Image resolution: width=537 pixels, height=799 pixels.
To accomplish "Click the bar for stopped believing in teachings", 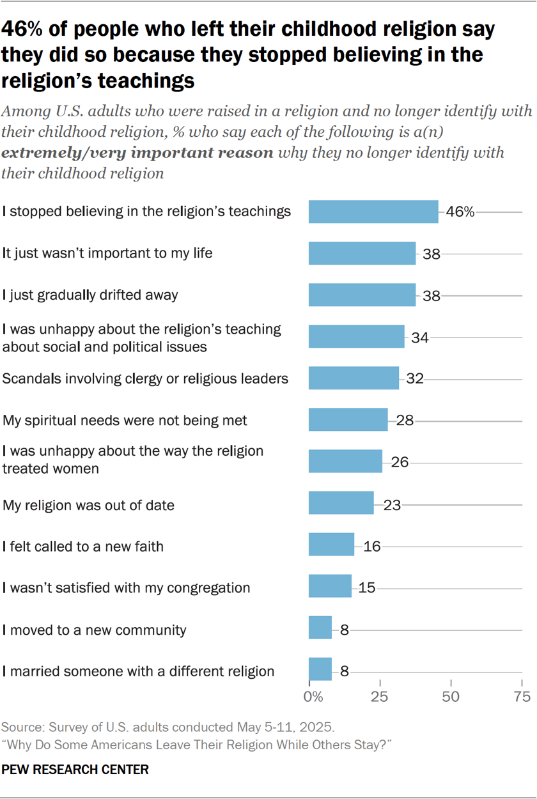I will point(373,212).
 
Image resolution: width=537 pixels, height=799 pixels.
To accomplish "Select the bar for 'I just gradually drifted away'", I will point(362,295).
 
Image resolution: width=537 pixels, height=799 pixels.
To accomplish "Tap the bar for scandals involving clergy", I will point(354,378).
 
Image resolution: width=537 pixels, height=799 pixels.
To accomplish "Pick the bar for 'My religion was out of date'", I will point(341,503).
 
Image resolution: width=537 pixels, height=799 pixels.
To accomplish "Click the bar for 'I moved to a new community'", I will point(320,628).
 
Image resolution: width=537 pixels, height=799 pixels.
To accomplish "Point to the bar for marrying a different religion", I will point(320,669).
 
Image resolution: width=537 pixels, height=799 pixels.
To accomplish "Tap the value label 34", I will point(419,337).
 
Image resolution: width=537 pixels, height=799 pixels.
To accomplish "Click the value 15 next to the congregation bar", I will point(366,587).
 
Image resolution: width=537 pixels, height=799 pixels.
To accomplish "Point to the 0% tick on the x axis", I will point(313,696).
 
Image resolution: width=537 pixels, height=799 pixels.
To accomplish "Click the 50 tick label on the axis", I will point(451,696).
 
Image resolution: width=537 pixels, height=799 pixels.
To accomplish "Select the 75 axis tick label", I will point(522,696).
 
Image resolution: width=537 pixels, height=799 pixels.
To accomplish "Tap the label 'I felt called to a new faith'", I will point(83,546).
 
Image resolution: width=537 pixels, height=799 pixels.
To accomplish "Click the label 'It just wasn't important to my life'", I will point(107,253).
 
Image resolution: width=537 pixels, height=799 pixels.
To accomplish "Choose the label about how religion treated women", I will point(133,459).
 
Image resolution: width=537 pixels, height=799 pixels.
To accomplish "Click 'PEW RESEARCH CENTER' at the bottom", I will point(75,770).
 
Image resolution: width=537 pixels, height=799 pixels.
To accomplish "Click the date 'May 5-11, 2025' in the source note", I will point(281,727).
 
